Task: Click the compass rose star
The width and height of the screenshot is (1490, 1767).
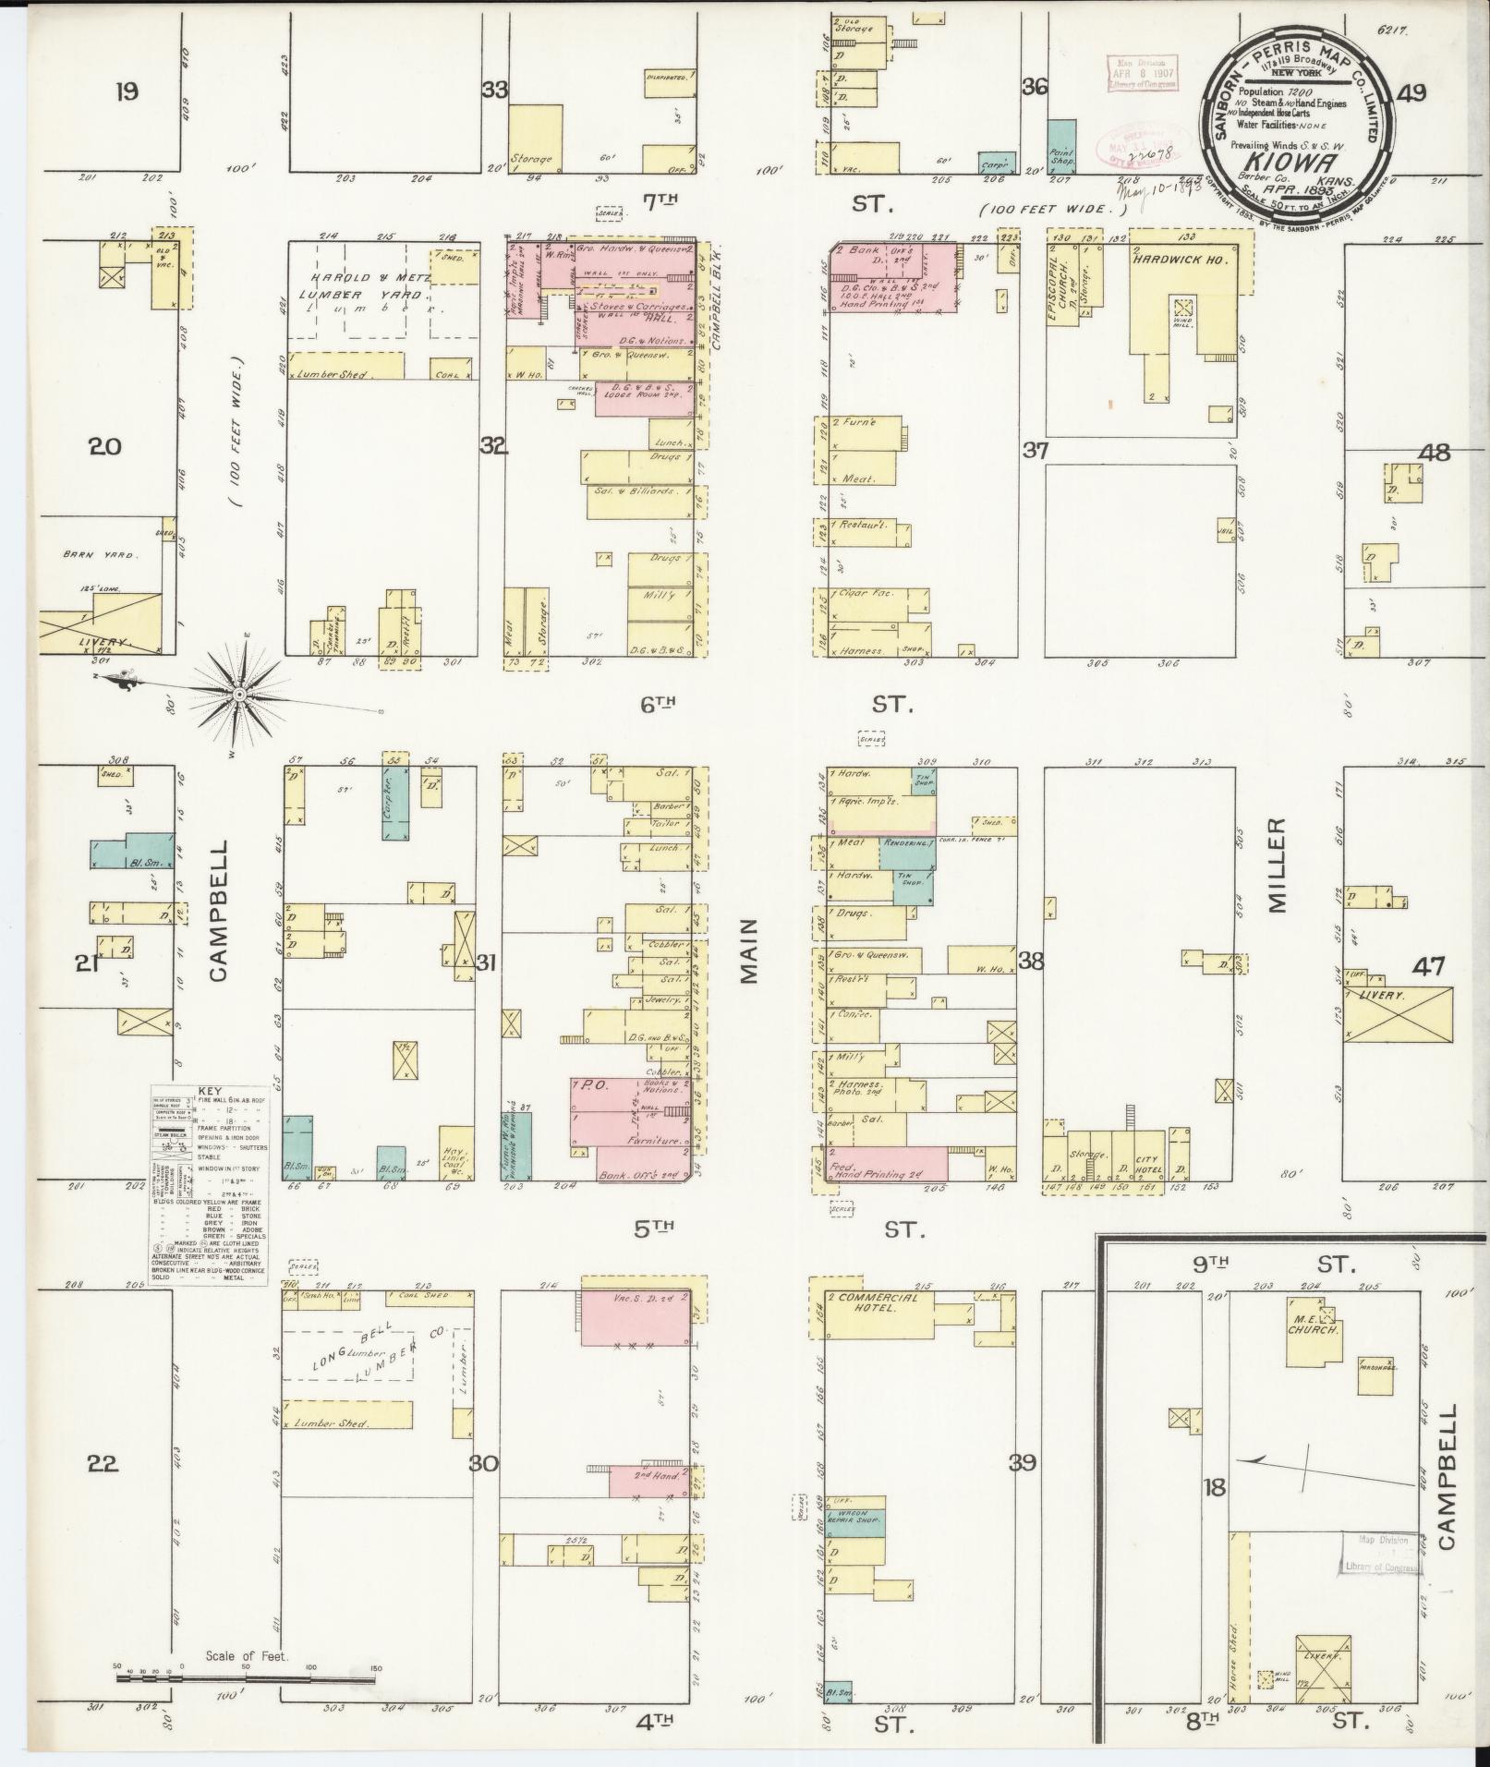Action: tap(238, 693)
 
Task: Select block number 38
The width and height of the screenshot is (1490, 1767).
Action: tap(1030, 961)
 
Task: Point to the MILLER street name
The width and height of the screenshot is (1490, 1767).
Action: tap(1277, 865)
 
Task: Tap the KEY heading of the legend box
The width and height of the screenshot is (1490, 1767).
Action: tap(210, 1090)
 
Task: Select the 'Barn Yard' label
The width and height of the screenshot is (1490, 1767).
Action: tap(99, 555)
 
